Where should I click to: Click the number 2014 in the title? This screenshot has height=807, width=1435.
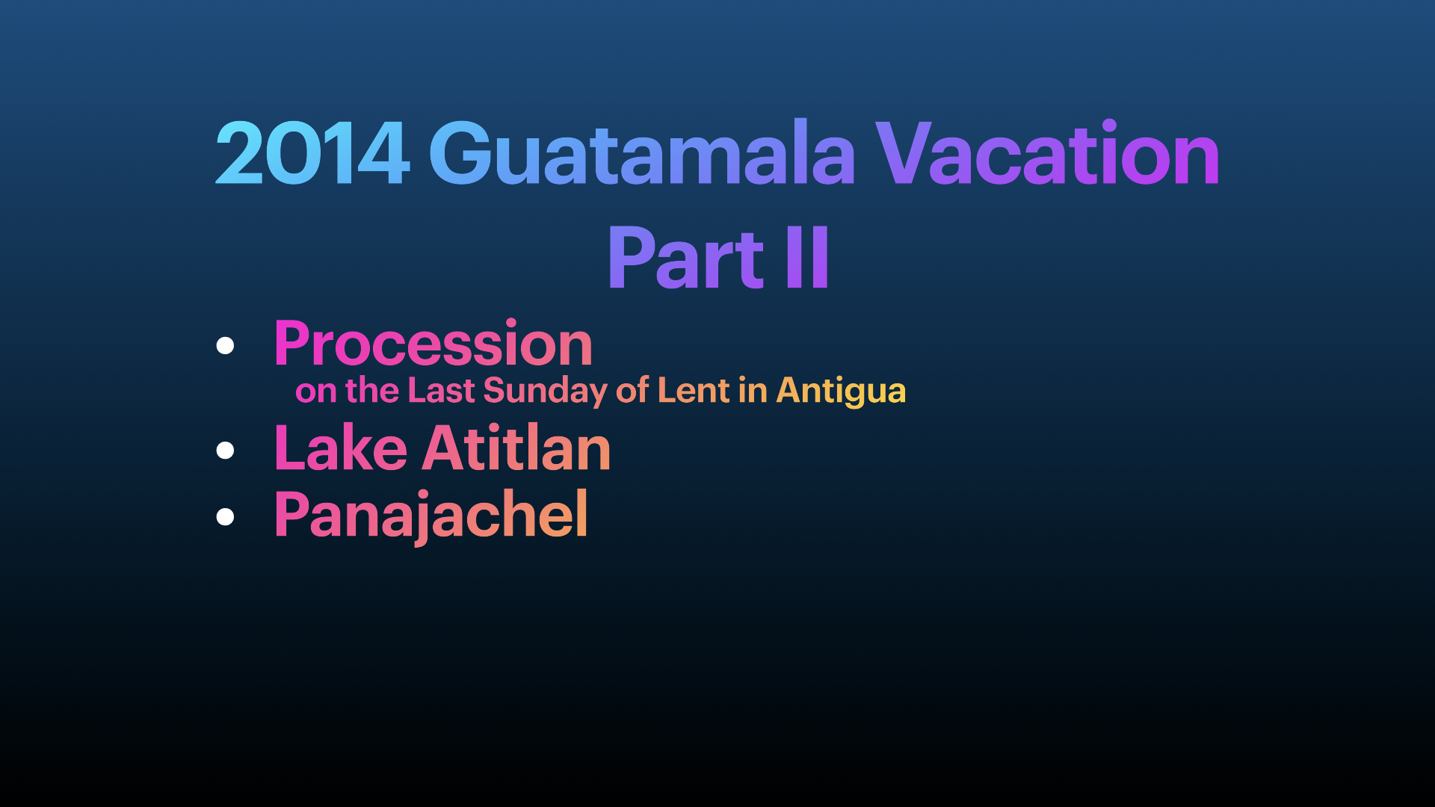[312, 153]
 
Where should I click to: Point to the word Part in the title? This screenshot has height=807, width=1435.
[686, 258]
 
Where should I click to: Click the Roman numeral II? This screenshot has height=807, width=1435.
[807, 258]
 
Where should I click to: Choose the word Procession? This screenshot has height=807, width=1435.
[433, 343]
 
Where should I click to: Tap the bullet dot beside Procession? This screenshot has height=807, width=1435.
[225, 345]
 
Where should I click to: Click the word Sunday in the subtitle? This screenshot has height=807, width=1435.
[546, 391]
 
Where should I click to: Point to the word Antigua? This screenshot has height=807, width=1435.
[841, 391]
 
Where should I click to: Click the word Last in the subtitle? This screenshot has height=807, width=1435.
[442, 390]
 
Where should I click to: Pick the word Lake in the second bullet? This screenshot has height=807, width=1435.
[341, 448]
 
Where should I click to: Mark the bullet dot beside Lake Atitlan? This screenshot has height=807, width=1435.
[225, 450]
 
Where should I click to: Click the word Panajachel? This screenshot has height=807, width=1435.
[431, 516]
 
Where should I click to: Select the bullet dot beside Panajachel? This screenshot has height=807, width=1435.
[225, 516]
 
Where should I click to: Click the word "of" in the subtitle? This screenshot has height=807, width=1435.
[632, 390]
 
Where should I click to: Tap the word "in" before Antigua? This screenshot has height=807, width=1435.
[753, 390]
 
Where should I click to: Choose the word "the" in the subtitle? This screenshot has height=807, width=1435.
[372, 390]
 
